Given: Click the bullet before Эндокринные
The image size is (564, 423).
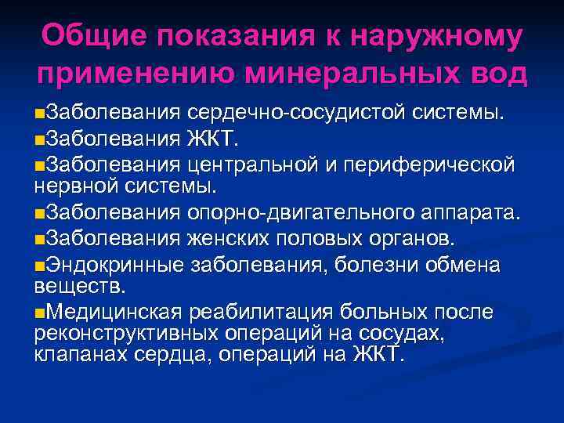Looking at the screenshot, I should (40, 266).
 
